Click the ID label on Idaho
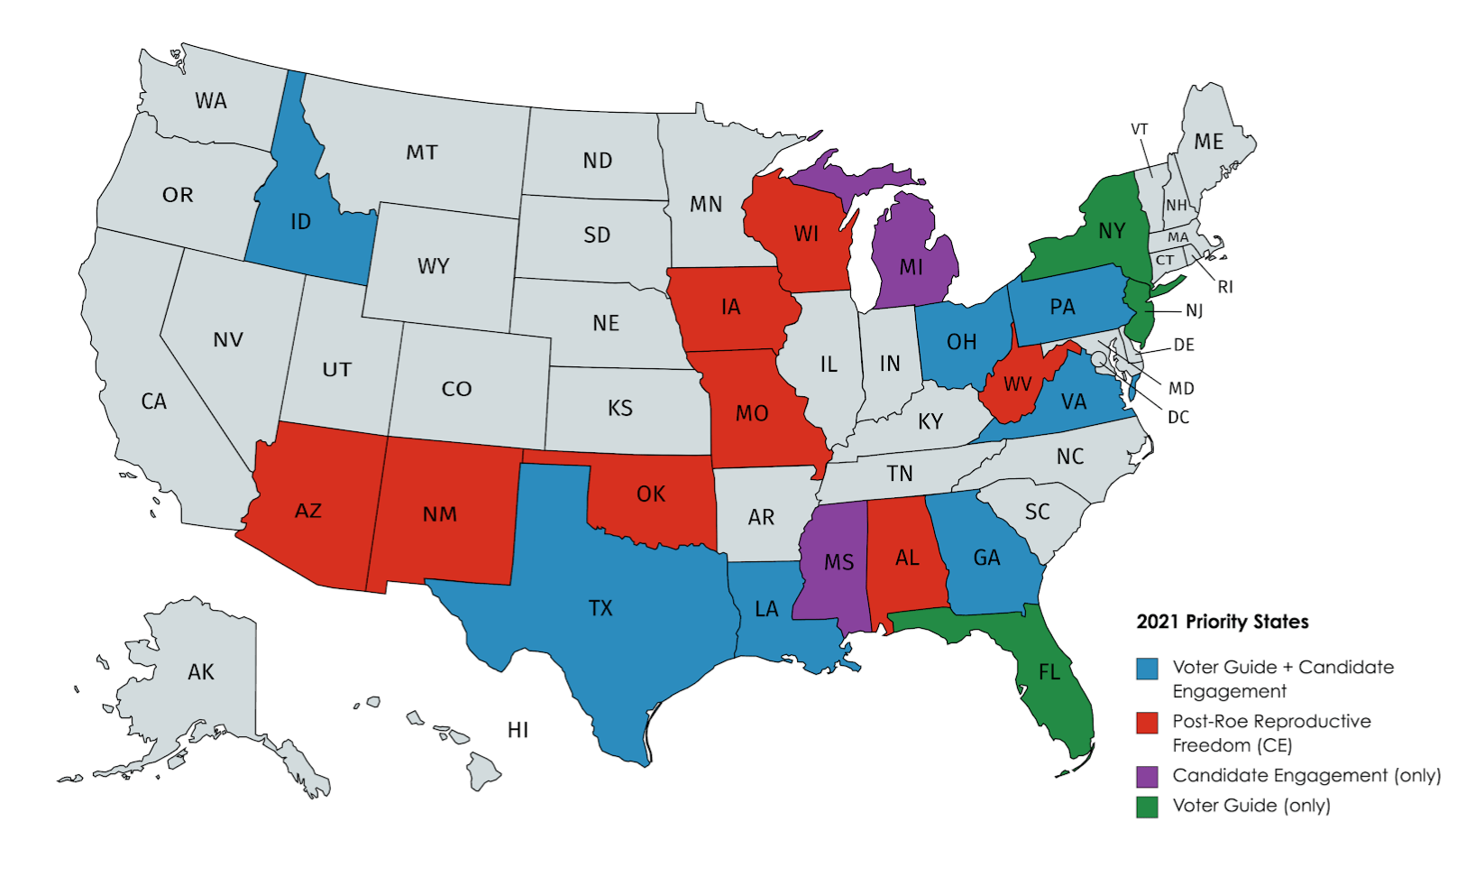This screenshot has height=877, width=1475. [300, 222]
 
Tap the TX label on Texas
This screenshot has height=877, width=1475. [600, 608]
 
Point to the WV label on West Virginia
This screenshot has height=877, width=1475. [1017, 384]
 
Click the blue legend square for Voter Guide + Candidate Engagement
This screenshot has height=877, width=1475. [1147, 669]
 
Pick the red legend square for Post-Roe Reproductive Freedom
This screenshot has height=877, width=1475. [1147, 723]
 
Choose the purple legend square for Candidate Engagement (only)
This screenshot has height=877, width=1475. [1147, 776]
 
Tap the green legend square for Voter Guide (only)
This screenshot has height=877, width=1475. [1147, 807]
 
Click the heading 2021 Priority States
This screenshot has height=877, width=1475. [1222, 622]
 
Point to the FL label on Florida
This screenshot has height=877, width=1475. [1049, 672]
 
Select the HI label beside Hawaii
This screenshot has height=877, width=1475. [518, 730]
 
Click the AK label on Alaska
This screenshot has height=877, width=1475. [201, 672]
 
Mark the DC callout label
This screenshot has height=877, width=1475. [1178, 418]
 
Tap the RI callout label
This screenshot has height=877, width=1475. [1225, 287]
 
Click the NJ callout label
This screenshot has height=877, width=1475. [1194, 310]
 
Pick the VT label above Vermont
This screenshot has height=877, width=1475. [1140, 129]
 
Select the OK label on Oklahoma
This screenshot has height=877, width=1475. [651, 494]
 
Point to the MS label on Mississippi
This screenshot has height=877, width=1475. [838, 563]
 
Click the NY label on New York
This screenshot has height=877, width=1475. [1112, 232]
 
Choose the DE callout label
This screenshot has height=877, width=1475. [1184, 345]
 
